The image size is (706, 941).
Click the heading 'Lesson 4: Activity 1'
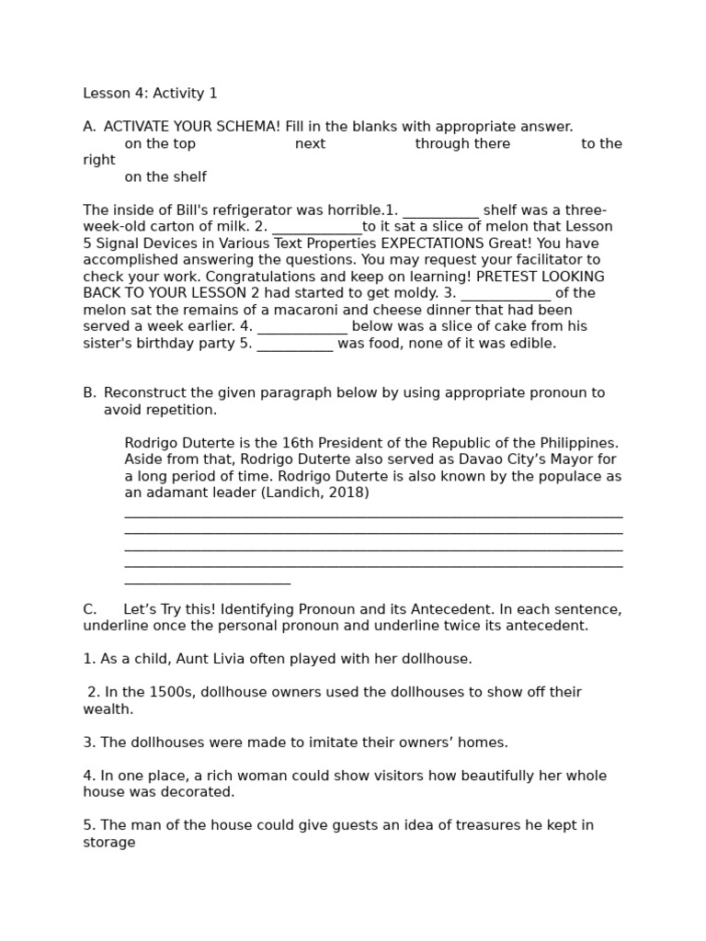[150, 94]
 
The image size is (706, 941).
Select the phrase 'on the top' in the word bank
[160, 143]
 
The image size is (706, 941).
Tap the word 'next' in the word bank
[310, 143]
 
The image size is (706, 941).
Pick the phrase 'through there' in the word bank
[462, 143]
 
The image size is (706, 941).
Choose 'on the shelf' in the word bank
[165, 177]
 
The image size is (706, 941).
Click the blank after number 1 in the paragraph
[440, 211]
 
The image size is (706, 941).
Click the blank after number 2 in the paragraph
[317, 228]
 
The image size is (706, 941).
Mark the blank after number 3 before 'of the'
[506, 294]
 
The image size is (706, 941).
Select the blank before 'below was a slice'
[302, 327]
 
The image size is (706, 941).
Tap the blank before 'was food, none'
[294, 345]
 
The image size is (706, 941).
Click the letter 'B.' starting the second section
[89, 393]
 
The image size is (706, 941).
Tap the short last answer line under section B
[207, 583]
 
